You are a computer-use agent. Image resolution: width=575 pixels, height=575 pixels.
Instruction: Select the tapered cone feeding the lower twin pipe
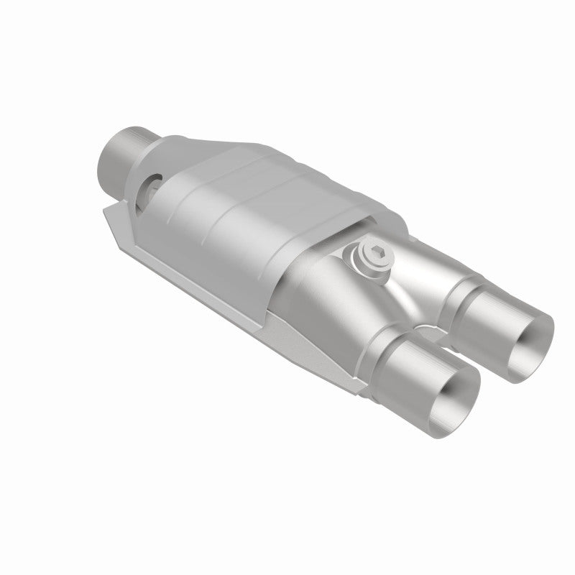[338, 309]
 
